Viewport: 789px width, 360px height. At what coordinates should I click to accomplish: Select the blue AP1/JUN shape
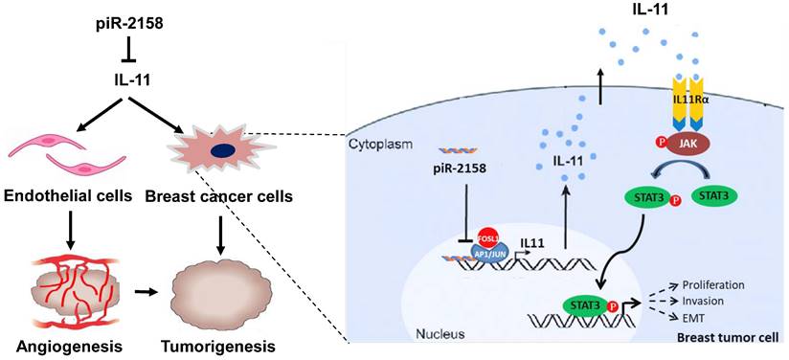click(491, 250)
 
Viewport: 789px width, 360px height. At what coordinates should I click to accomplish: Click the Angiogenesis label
click(70, 347)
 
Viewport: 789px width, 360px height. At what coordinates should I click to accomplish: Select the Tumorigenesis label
click(218, 347)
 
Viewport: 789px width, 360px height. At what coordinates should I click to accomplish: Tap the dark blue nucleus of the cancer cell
click(222, 151)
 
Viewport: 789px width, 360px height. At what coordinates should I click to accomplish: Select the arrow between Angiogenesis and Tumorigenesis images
click(145, 291)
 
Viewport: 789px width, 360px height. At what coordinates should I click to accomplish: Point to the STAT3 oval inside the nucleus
click(586, 305)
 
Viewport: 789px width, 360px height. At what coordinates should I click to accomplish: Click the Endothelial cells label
click(68, 196)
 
